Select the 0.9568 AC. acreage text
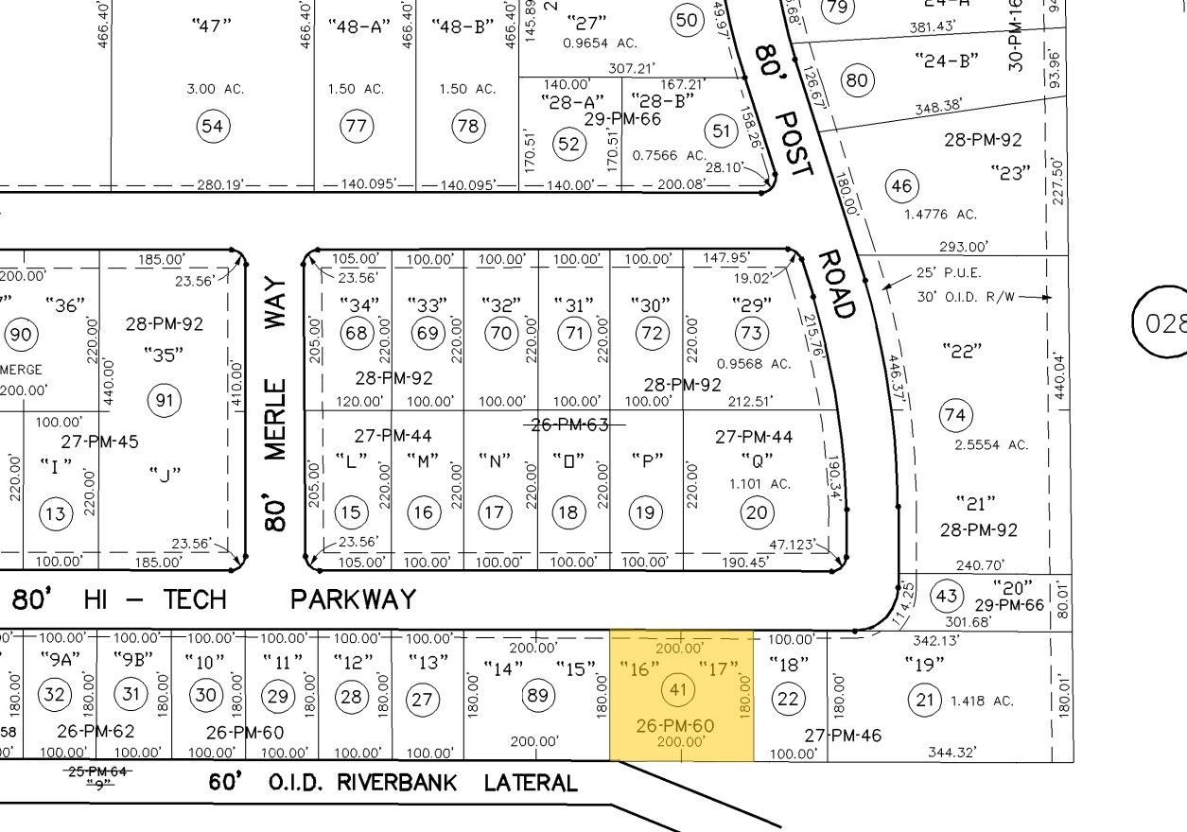tap(754, 363)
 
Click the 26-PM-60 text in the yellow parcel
tap(675, 726)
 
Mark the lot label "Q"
tap(757, 460)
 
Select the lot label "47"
tap(211, 26)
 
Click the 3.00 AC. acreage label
tap(216, 89)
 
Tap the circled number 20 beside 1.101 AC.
tap(756, 512)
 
